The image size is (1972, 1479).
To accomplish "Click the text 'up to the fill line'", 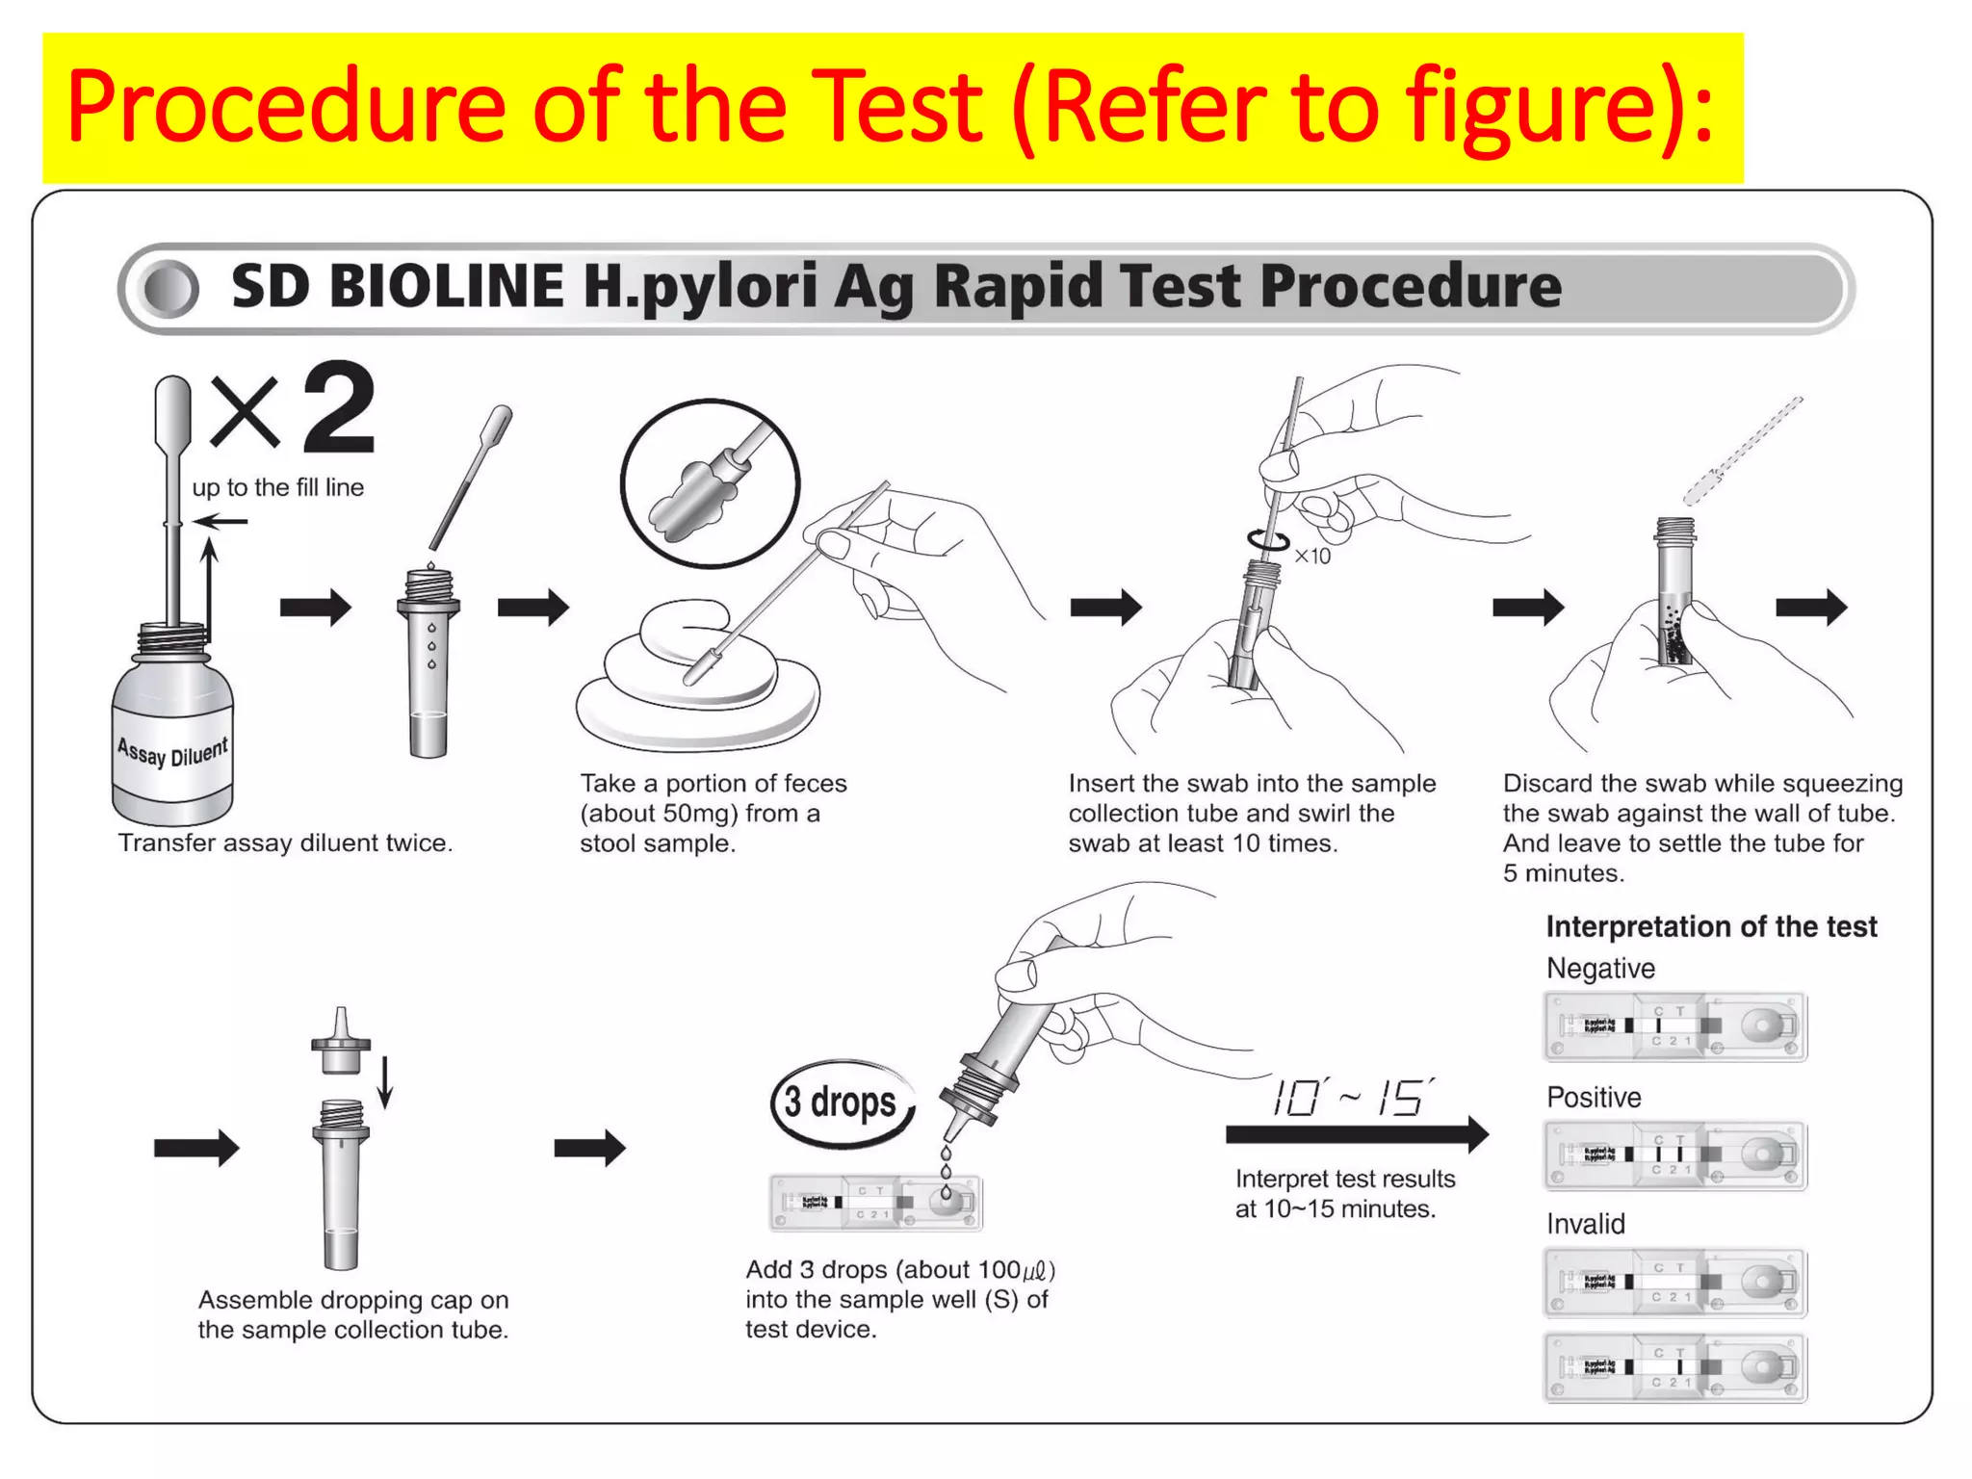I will point(277,487).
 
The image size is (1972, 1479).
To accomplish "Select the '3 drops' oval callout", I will point(841,1103).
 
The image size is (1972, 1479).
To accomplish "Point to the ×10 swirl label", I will point(1312,557).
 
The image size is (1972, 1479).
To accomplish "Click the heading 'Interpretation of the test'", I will point(1711,926).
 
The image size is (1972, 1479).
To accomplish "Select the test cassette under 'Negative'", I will point(1674,1026).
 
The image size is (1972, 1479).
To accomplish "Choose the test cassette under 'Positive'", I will point(1674,1155).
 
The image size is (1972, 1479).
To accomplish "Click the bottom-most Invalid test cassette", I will point(1674,1366).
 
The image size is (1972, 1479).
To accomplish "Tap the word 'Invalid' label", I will point(1585,1224).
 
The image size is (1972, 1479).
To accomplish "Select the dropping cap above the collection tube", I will point(341,1041).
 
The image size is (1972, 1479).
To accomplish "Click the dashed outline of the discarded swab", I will point(1742,450).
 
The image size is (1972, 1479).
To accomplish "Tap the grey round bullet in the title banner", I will point(169,289).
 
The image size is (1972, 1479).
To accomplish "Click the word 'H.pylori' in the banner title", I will point(700,287).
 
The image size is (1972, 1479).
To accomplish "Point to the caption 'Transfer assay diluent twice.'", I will point(285,843).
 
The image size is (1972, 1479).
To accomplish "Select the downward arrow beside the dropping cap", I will point(385,1081).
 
